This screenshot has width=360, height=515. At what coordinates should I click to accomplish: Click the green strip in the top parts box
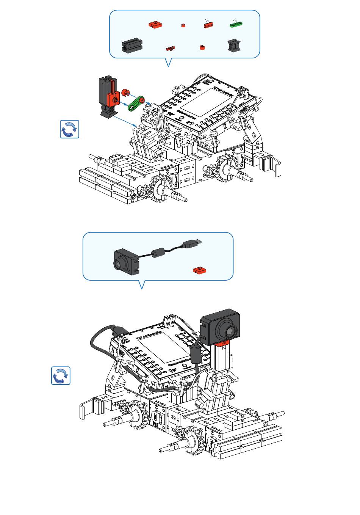(x=236, y=25)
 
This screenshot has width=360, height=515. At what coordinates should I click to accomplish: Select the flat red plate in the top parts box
(x=155, y=25)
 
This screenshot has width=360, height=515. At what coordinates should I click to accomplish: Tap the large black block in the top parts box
(x=132, y=45)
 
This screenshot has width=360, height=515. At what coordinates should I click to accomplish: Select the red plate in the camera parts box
(x=200, y=270)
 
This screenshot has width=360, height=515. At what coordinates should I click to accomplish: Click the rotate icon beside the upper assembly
(x=70, y=129)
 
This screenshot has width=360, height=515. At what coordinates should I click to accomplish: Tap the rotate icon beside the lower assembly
(x=61, y=375)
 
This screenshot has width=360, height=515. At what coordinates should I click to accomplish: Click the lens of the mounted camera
(x=230, y=331)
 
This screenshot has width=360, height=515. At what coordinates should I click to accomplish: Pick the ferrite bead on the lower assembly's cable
(x=196, y=352)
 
